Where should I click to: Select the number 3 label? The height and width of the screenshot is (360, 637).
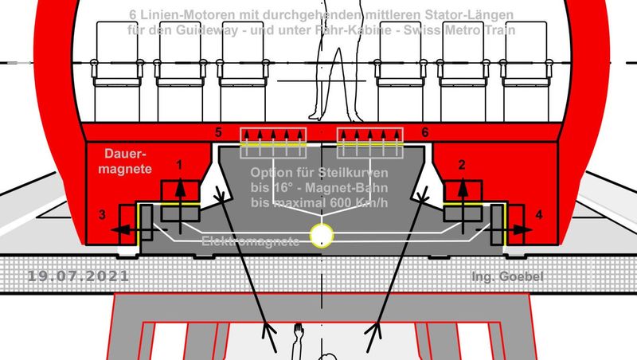pos(100,213)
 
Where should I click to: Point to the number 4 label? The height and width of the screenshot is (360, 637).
pos(539,213)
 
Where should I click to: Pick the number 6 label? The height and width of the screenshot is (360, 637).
pos(425,130)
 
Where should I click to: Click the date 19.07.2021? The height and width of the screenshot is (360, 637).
pos(77,276)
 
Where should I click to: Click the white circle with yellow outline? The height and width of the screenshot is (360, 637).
pos(322,234)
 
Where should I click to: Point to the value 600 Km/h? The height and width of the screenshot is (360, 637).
pos(357,202)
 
